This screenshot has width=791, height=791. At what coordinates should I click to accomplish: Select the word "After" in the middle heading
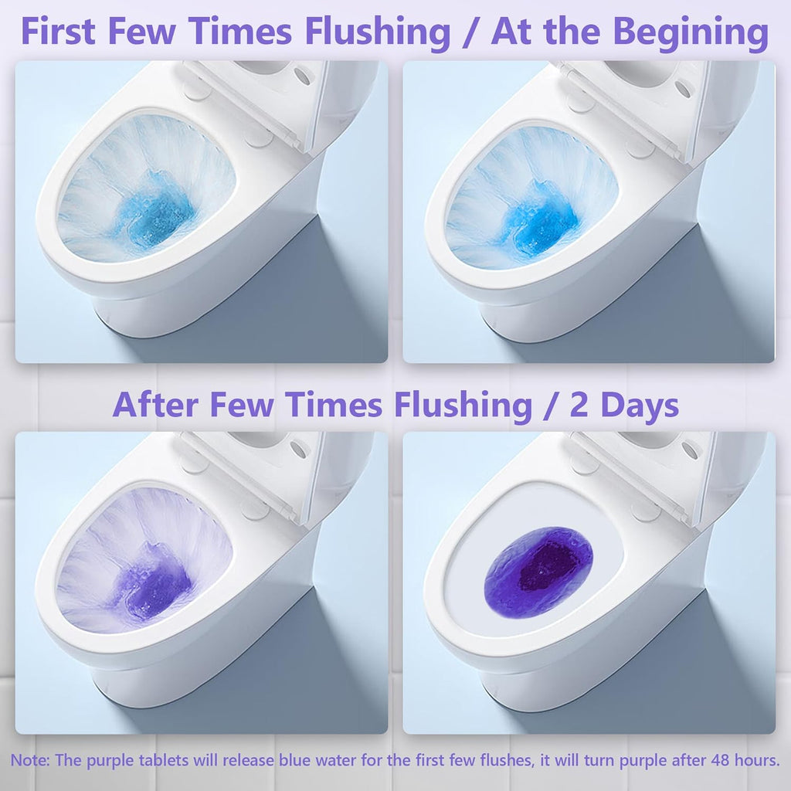(158, 405)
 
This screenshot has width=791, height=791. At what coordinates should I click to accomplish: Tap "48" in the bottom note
(694, 760)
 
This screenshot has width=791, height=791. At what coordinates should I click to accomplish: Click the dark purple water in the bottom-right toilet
(539, 572)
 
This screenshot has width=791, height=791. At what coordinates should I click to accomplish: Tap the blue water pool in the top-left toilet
(154, 213)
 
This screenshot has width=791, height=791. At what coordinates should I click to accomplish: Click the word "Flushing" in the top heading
(376, 32)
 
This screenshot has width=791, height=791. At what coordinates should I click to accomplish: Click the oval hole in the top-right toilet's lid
(684, 87)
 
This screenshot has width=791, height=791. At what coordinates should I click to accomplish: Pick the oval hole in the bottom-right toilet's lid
(689, 450)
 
